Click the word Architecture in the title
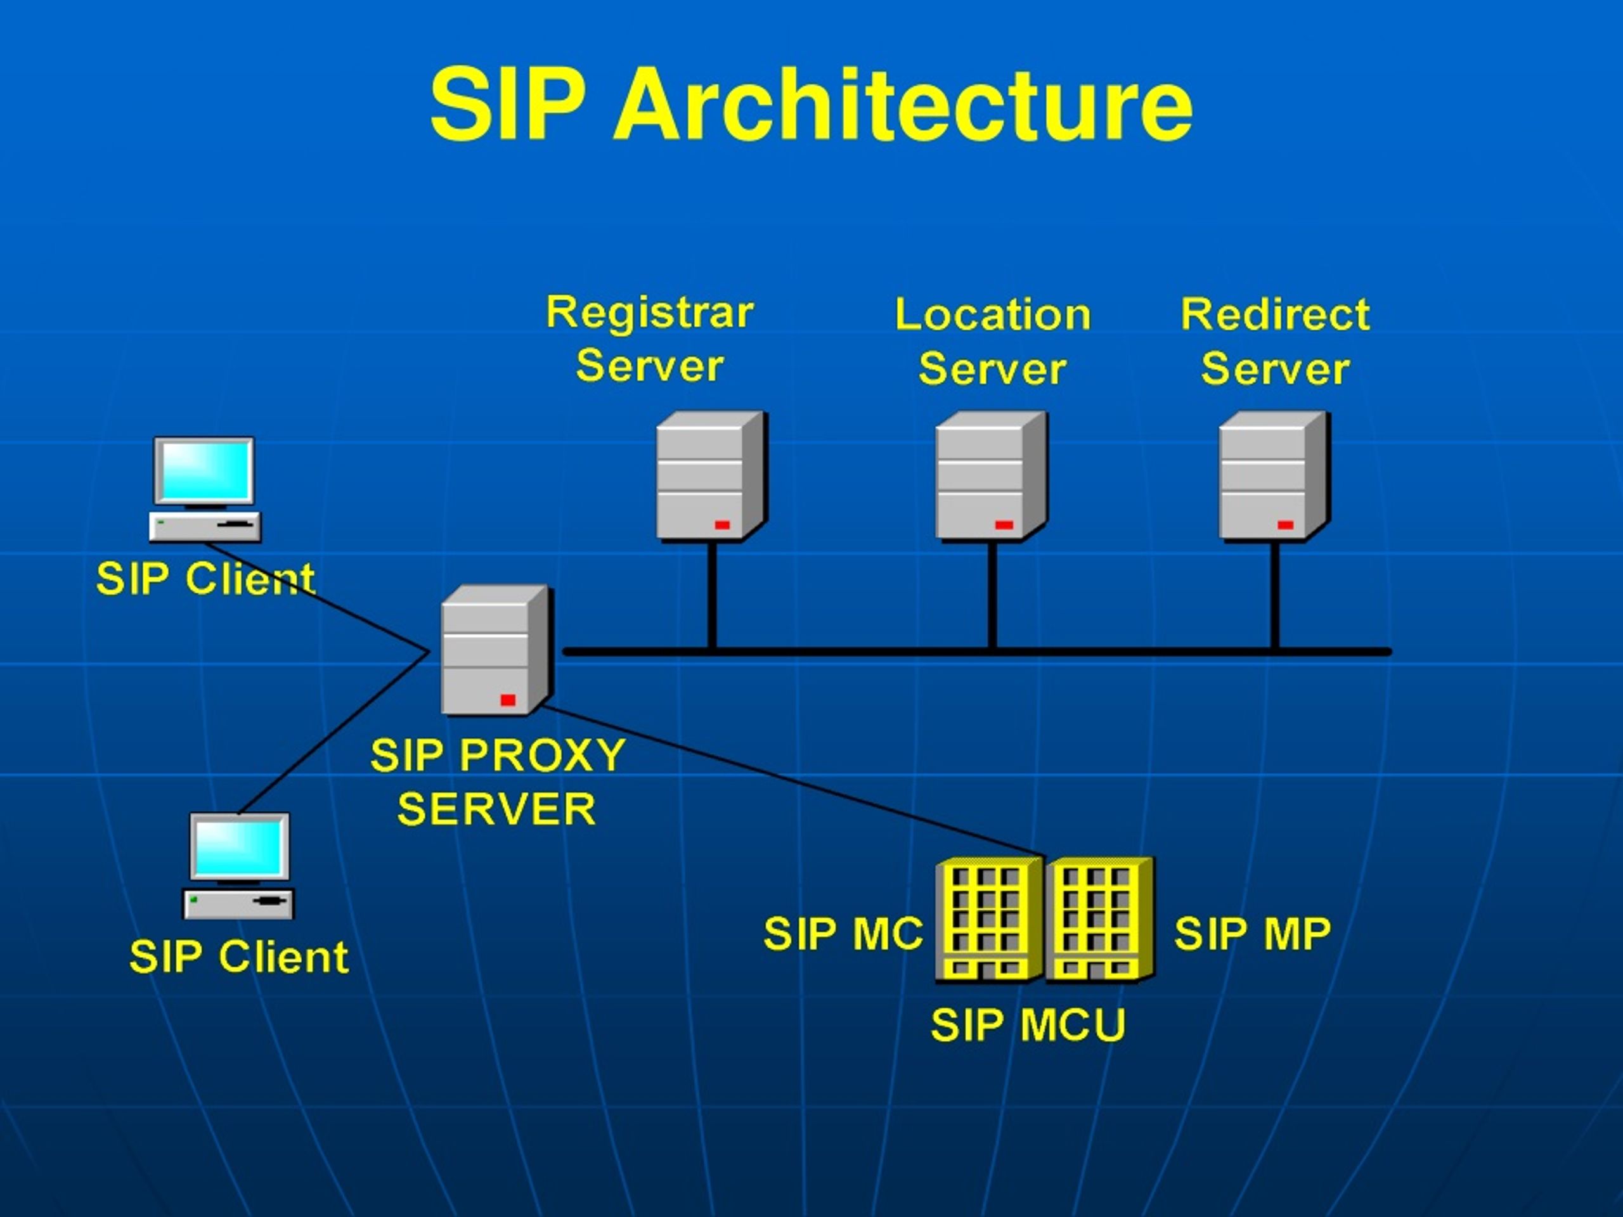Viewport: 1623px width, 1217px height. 903,104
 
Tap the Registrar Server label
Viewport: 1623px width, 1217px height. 650,338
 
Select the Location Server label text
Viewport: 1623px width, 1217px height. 993,341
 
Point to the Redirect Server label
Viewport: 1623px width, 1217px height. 1275,341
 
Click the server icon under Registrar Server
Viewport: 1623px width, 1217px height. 711,476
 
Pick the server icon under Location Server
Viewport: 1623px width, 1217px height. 992,476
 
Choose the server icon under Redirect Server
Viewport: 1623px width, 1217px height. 1274,476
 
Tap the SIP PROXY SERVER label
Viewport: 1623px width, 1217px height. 498,782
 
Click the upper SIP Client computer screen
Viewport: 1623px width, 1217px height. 204,470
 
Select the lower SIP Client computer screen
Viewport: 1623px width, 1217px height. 239,847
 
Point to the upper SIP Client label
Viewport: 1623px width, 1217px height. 206,578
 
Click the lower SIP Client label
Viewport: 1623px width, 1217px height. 239,956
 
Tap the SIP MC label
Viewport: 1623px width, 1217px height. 843,934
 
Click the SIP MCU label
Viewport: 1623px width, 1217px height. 1028,1025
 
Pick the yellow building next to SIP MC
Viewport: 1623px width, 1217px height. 989,919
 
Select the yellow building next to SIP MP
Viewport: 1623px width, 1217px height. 1100,919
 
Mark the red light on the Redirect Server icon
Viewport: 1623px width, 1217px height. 1284,525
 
